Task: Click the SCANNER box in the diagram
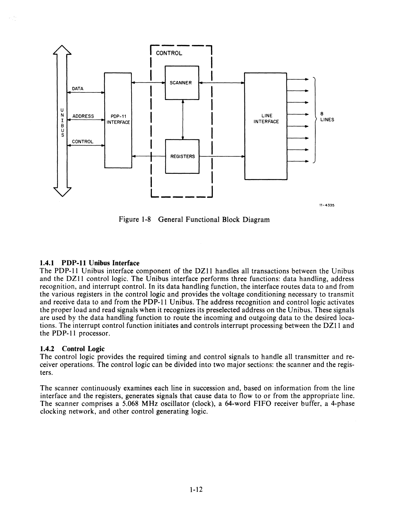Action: pos(182,83)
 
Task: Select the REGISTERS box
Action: pos(182,156)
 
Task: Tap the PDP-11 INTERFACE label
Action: pos(118,119)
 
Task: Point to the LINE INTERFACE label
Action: pos(266,118)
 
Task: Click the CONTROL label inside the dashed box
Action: pos(169,53)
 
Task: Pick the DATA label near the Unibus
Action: pos(78,89)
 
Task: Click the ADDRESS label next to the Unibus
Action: pos(83,116)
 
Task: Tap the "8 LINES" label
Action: pos(327,117)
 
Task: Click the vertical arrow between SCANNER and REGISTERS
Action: pos(182,119)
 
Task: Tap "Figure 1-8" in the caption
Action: pos(134,219)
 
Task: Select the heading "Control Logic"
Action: pos(83,349)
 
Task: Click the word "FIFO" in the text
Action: pos(261,404)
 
